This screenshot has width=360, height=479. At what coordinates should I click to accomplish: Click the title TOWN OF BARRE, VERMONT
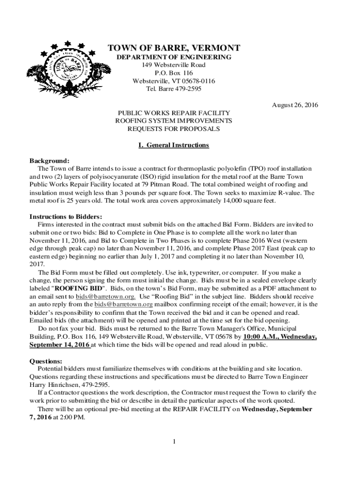coord(174,48)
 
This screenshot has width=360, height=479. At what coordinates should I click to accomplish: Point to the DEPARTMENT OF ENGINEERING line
coord(174,57)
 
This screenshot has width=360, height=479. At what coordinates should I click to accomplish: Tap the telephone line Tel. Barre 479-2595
coord(174,89)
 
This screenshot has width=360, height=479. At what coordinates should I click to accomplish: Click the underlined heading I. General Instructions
coord(174,145)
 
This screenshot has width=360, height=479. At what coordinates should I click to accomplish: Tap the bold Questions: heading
coord(46,361)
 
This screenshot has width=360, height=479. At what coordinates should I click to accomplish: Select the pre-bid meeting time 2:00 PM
coord(72,417)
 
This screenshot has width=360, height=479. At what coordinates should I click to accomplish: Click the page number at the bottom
coord(173,442)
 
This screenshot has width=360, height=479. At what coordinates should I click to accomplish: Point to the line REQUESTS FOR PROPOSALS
coord(174,129)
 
